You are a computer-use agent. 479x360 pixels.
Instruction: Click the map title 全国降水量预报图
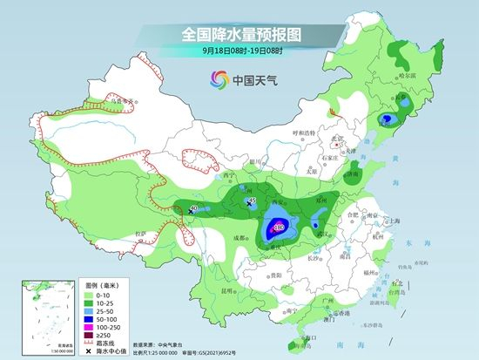[x=239, y=34]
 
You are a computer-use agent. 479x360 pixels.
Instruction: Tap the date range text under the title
[x=239, y=52]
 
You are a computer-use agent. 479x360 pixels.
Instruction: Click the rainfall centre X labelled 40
[x=188, y=208]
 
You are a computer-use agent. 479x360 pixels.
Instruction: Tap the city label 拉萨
[x=140, y=234]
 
